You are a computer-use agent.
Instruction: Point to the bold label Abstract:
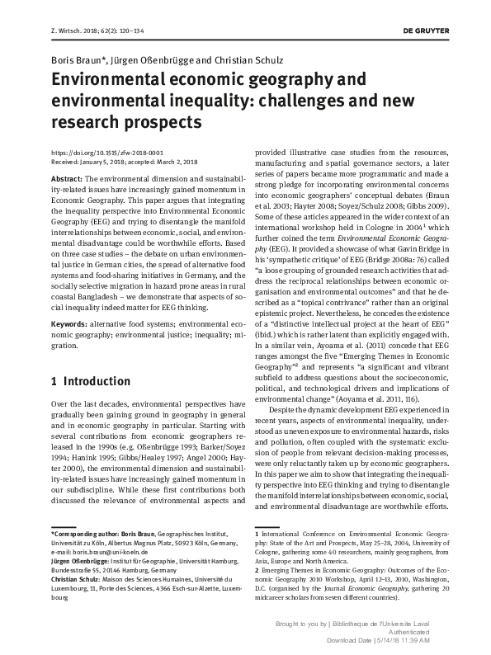tap(67, 178)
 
